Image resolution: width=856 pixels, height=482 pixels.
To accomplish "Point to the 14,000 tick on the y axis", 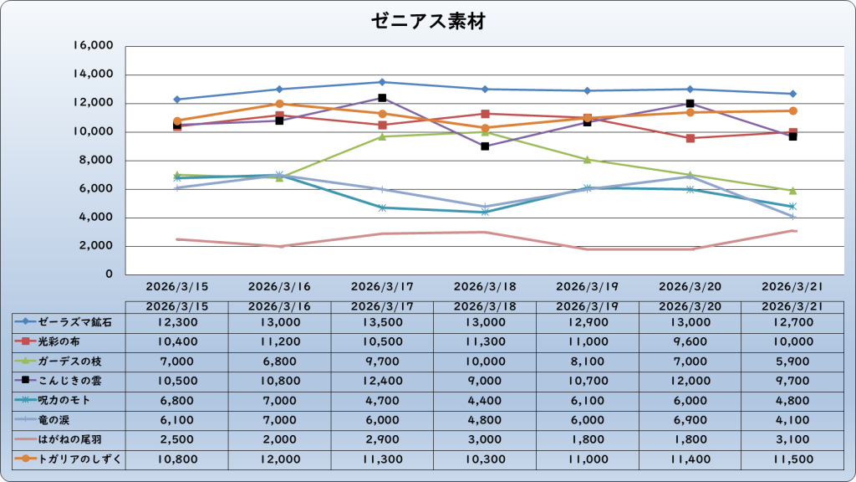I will click(94, 74).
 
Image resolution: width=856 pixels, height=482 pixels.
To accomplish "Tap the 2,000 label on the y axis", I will click(97, 246).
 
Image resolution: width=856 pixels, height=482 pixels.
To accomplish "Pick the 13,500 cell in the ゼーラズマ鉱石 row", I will click(382, 321).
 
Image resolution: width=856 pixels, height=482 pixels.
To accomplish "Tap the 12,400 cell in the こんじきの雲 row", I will click(382, 380).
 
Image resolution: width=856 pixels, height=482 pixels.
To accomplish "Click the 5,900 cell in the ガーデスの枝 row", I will click(792, 361).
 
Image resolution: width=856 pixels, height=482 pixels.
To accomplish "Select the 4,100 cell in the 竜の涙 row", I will click(792, 419).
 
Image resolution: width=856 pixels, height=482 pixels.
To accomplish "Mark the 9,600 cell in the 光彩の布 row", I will click(690, 341).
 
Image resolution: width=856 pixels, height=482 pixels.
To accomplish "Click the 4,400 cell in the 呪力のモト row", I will click(485, 400).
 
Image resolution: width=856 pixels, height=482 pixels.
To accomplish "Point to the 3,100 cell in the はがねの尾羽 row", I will click(792, 438).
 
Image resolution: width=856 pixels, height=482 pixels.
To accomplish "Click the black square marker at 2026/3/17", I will click(382, 98).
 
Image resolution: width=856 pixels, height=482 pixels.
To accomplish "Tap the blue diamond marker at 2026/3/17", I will click(382, 82).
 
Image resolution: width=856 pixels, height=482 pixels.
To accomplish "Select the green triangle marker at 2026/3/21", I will click(792, 191).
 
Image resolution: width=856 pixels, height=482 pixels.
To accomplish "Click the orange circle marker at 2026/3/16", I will click(280, 104).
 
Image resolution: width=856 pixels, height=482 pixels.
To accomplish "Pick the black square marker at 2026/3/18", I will click(485, 146).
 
